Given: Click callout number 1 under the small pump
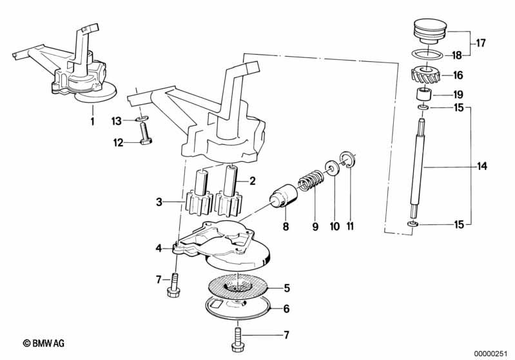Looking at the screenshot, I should [92, 120].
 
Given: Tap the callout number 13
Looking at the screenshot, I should [116, 120].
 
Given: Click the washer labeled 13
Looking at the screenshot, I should [143, 120].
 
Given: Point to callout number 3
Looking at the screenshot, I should [159, 203].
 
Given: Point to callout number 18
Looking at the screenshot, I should [458, 55].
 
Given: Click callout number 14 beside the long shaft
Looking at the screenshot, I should [483, 167].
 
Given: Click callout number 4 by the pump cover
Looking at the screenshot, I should [159, 247].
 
